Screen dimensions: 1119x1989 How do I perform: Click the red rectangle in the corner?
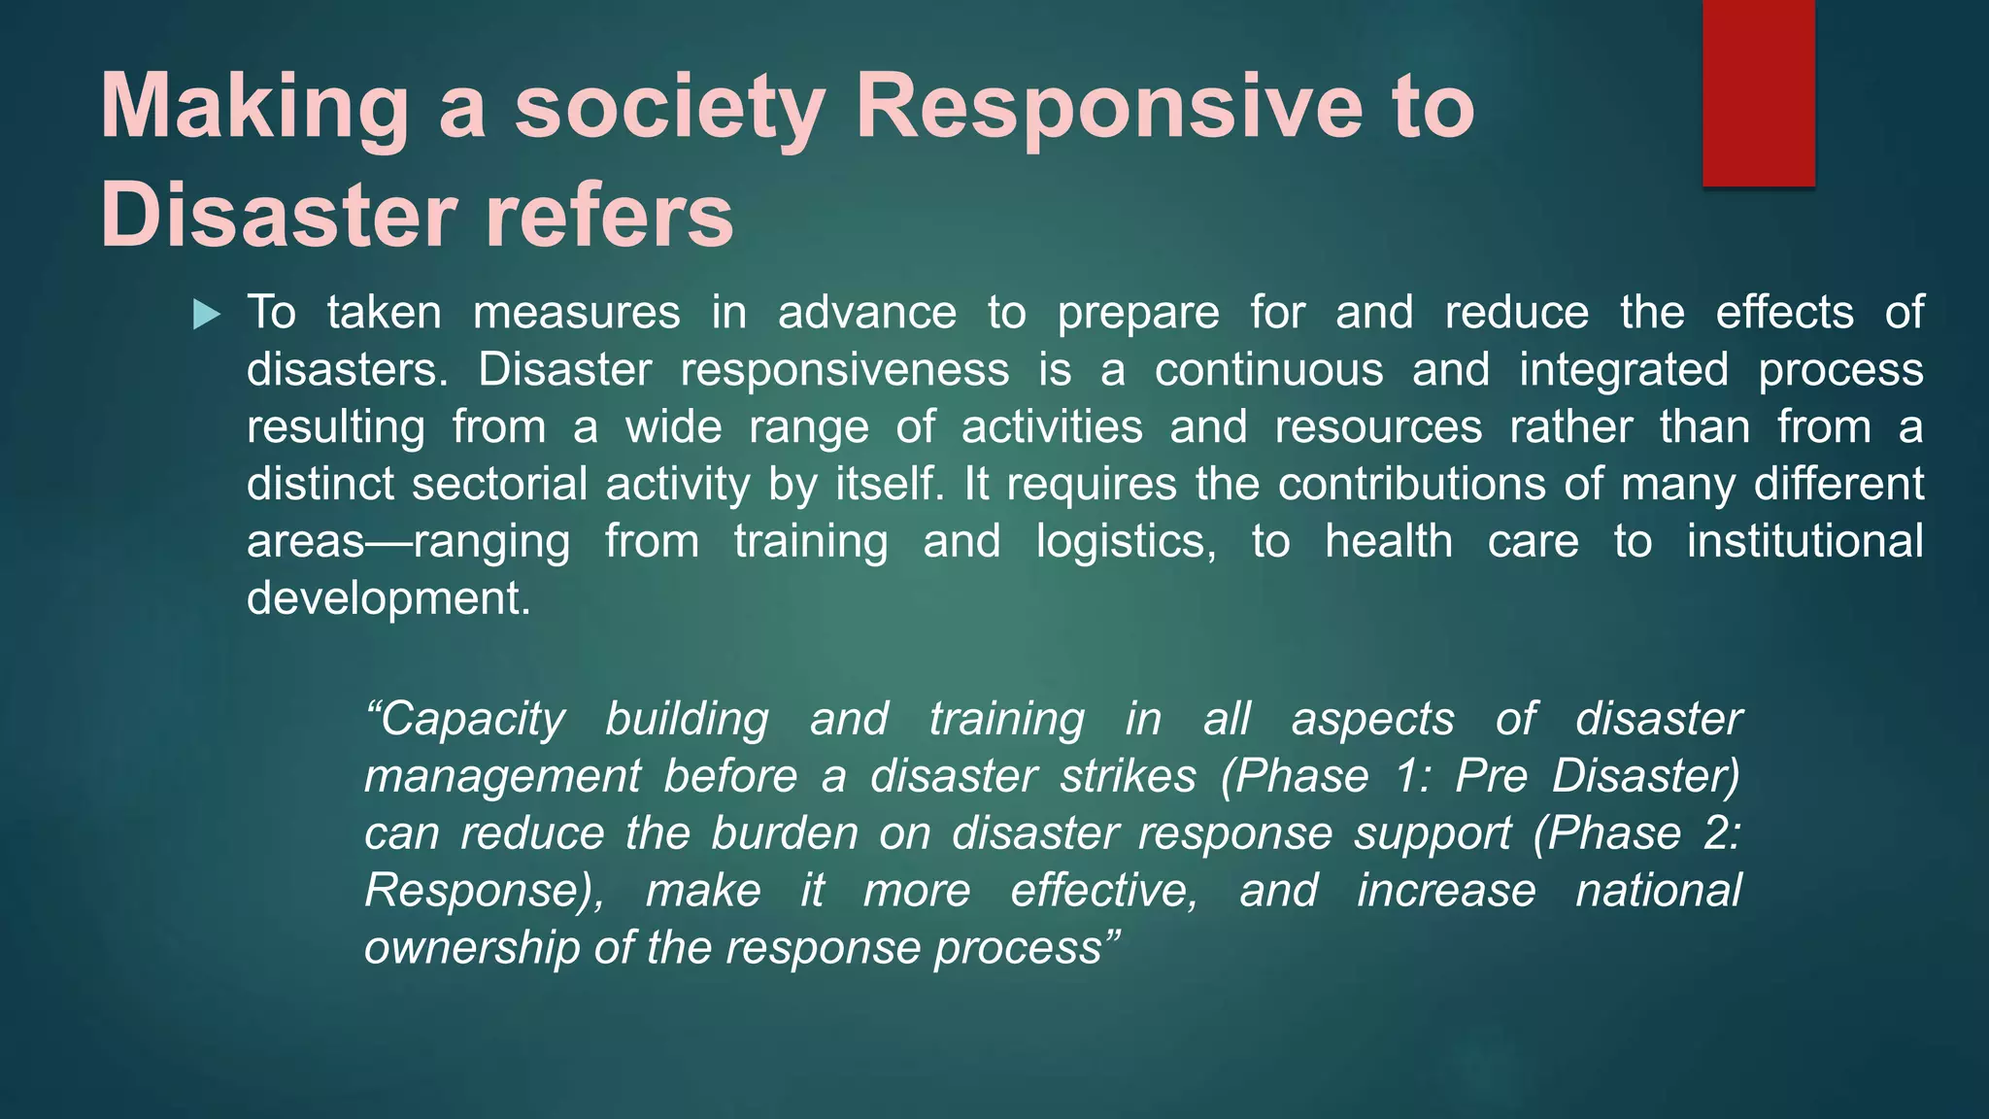click(1758, 93)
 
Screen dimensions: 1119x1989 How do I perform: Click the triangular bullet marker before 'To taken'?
click(207, 315)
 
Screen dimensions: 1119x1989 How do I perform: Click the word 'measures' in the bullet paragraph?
click(576, 313)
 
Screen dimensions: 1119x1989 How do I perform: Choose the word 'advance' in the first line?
click(866, 313)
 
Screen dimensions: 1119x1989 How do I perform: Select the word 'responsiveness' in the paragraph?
click(844, 370)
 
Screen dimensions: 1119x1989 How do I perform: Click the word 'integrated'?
click(1624, 370)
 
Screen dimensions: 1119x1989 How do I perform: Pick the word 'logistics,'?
click(1126, 541)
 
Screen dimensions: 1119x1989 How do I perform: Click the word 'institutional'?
click(1804, 541)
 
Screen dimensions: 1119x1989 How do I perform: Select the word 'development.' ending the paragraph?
click(388, 598)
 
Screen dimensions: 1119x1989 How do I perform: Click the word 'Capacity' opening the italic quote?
click(465, 720)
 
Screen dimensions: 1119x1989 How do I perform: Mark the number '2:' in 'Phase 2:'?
click(1722, 833)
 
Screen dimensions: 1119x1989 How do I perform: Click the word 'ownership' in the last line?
click(472, 948)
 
